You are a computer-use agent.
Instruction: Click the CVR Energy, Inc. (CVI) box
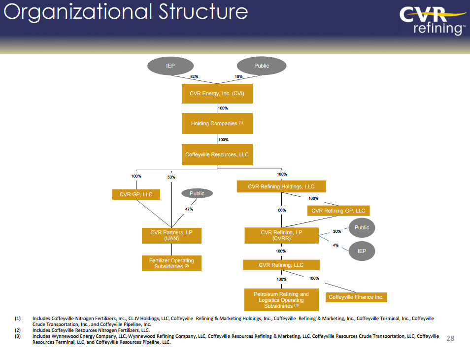[217, 93]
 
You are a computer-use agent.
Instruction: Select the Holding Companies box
[217, 123]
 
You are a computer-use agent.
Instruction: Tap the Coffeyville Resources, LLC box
[217, 154]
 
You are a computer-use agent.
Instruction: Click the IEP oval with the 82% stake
[170, 66]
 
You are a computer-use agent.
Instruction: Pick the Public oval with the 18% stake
[262, 66]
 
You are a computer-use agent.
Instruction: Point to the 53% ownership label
[171, 177]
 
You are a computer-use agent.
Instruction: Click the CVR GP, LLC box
[136, 194]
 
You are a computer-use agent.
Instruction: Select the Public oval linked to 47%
[197, 193]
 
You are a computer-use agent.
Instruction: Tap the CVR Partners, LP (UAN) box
[171, 235]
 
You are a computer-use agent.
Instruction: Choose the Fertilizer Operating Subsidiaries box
[171, 263]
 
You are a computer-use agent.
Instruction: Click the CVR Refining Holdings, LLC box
[281, 186]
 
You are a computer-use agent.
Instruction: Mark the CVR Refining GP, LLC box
[338, 211]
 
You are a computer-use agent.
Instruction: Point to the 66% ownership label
[281, 210]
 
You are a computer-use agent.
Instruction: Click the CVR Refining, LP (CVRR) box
[281, 235]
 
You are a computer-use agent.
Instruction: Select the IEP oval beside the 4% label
[362, 251]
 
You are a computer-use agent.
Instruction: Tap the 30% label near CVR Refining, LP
[336, 231]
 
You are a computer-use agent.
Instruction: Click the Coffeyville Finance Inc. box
[356, 297]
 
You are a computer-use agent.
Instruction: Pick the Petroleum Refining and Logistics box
[281, 300]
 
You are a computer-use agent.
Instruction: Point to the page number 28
[450, 338]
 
